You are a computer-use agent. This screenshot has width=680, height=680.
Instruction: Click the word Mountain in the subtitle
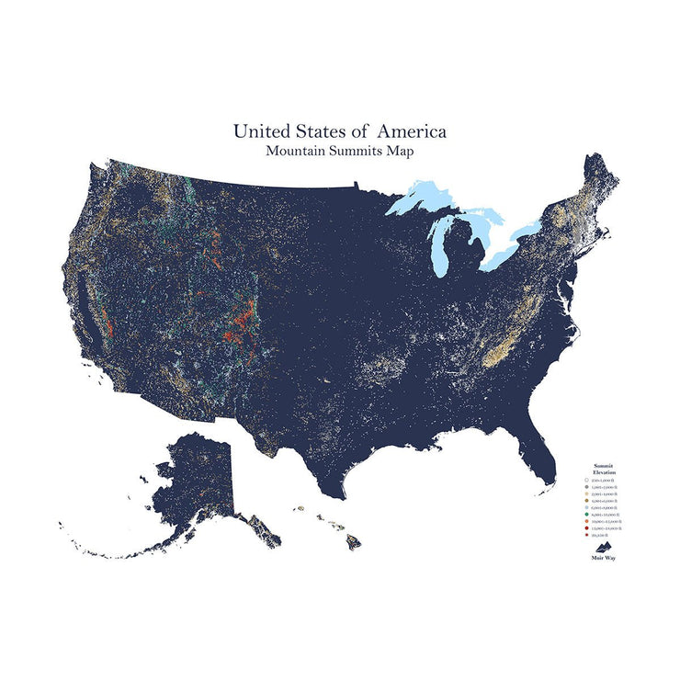tap(292, 152)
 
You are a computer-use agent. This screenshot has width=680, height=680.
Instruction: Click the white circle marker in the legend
tap(587, 481)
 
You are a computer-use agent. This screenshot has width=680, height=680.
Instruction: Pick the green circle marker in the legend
tap(587, 516)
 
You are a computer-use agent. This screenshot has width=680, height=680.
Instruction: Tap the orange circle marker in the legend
tap(587, 522)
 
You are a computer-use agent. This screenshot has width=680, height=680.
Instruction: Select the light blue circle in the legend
tap(587, 508)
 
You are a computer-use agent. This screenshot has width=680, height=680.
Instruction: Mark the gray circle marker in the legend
tap(587, 487)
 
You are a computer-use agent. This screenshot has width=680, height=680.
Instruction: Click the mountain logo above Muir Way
tap(603, 547)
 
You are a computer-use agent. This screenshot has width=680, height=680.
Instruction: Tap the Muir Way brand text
tap(603, 558)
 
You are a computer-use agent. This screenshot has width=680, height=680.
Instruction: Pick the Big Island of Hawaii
tap(353, 543)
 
